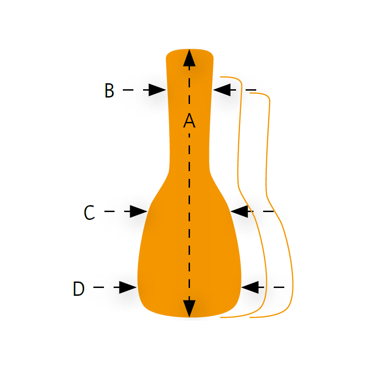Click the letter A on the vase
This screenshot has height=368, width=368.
pos(189,121)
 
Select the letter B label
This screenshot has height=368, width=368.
pos(109,90)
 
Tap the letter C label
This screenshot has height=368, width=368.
pos(89,213)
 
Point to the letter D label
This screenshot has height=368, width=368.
pos(79,288)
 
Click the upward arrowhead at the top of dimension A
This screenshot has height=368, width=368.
pos(189,58)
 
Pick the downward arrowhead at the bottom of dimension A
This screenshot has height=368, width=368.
pos(189,309)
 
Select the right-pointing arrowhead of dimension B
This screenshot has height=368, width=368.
pos(157,90)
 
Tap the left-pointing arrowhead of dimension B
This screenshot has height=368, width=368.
pos(222,90)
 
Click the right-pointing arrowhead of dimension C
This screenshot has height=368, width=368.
pos(139,212)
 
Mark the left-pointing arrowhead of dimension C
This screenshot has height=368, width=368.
pos(239,212)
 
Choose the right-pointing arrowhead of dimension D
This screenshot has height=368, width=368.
pos(128,287)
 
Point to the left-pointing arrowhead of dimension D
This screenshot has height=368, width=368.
pos(250,287)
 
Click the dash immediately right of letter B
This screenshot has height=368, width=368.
pos(128,90)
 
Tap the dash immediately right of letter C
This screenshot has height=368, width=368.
pos(109,212)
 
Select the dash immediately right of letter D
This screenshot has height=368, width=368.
pos(98,287)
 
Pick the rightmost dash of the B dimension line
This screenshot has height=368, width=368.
pos(251,90)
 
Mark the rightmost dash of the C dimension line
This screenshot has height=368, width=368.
pos(269,212)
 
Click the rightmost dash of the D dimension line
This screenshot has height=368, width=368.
pos(279,287)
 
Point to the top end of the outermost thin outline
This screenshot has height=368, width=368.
pos(250,93)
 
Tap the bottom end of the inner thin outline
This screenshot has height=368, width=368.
pos(220,317)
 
